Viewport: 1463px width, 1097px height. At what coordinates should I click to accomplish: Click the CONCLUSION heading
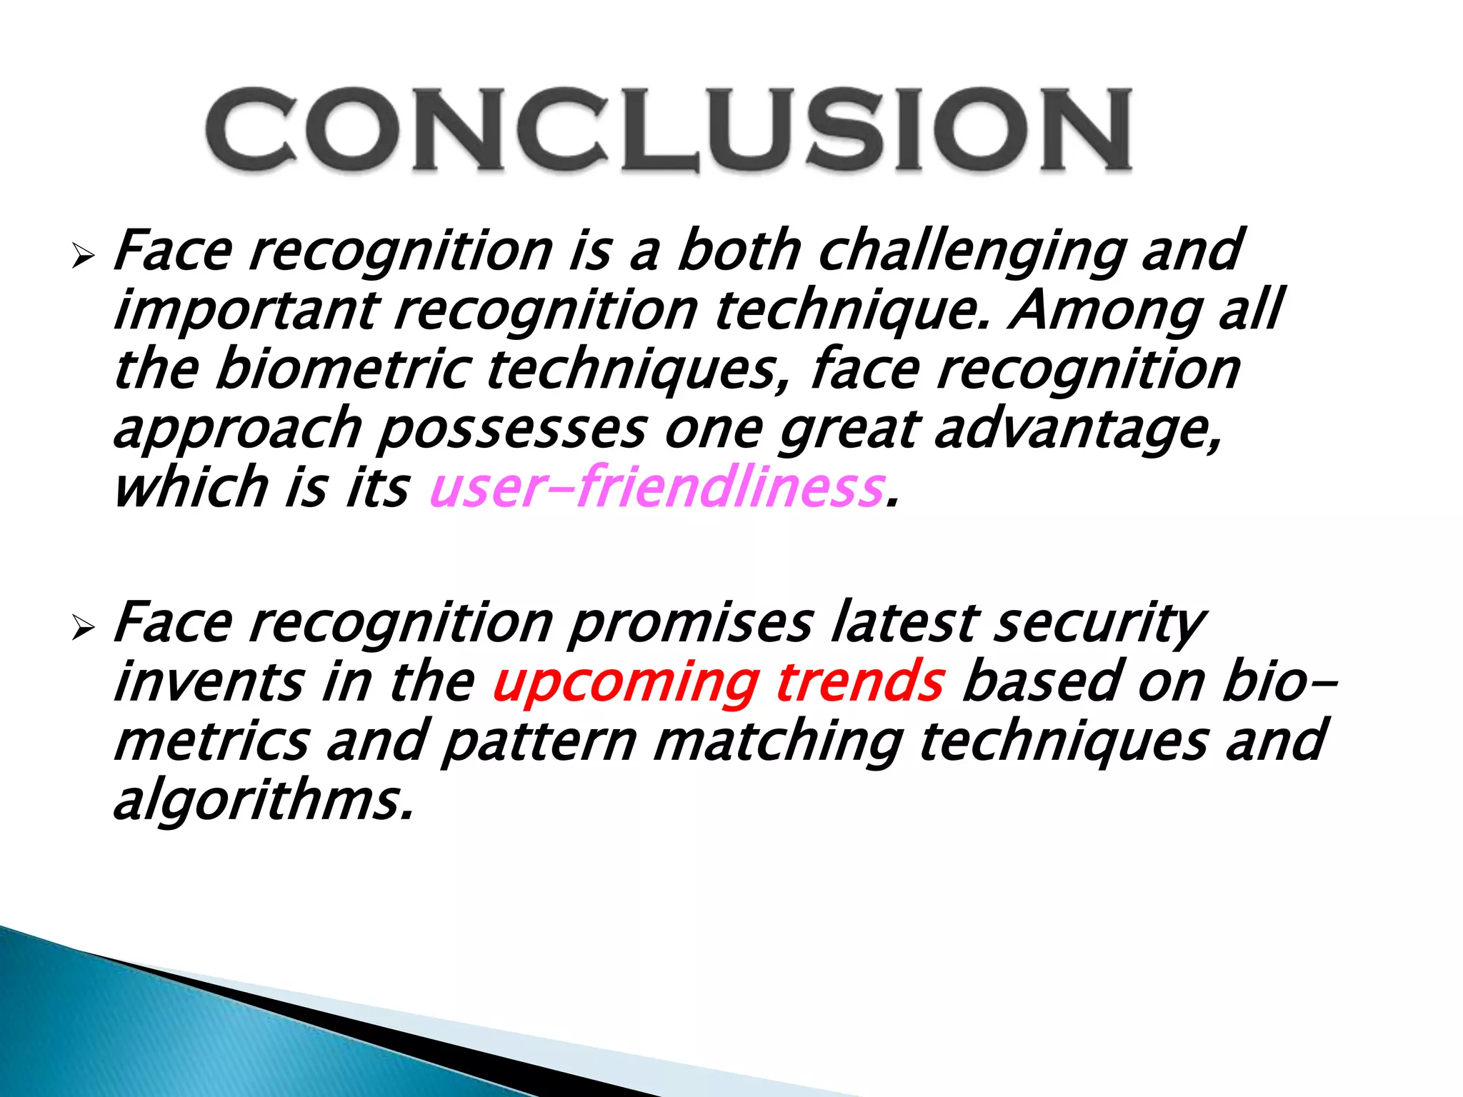tap(669, 130)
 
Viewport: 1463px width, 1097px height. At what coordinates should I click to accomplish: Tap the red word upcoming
tap(626, 681)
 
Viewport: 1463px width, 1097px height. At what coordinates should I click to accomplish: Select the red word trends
tap(860, 681)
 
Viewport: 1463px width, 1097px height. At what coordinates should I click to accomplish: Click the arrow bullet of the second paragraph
tap(84, 628)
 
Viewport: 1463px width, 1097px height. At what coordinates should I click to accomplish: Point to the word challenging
tap(972, 252)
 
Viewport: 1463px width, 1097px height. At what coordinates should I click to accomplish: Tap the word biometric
tap(343, 369)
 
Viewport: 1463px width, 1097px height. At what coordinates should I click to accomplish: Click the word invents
tap(209, 681)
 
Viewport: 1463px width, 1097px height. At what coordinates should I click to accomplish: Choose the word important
tap(246, 311)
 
